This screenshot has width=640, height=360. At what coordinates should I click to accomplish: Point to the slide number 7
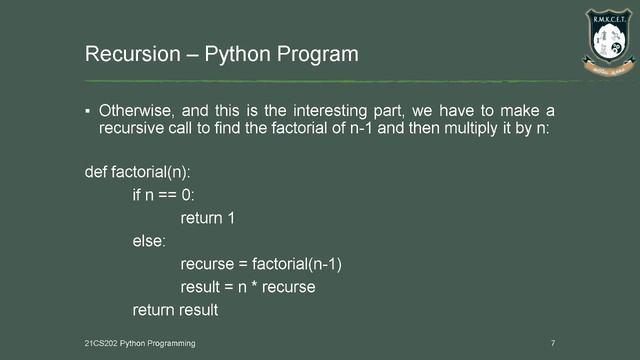pyautogui.click(x=553, y=343)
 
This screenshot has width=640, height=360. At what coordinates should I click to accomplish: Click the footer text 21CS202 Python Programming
pyautogui.click(x=139, y=343)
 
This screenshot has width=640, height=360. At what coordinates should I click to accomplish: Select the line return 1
pyautogui.click(x=214, y=218)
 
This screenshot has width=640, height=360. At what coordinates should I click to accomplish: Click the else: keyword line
pyautogui.click(x=151, y=241)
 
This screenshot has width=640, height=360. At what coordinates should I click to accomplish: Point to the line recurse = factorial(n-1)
pyautogui.click(x=268, y=264)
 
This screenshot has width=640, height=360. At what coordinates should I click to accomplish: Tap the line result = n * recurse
pyautogui.click(x=248, y=287)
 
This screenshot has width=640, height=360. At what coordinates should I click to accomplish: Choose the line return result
pyautogui.click(x=175, y=310)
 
